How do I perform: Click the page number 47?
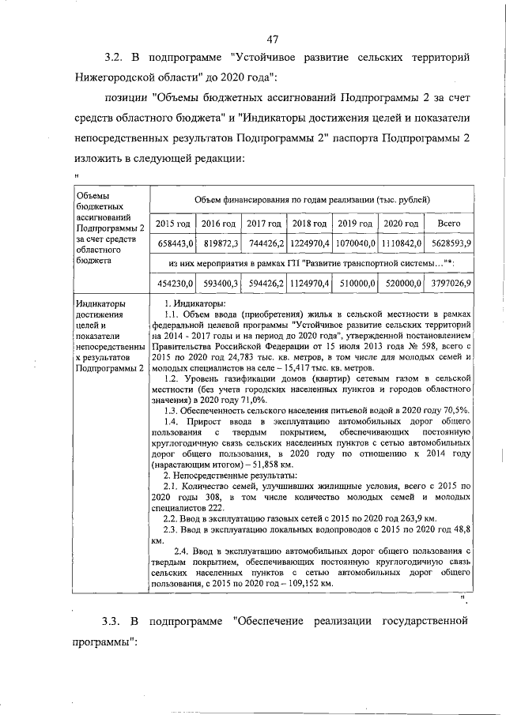pos(272,40)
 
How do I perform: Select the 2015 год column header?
pos(172,224)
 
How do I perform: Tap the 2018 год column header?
pos(309,224)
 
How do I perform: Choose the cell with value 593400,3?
pos(219,281)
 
